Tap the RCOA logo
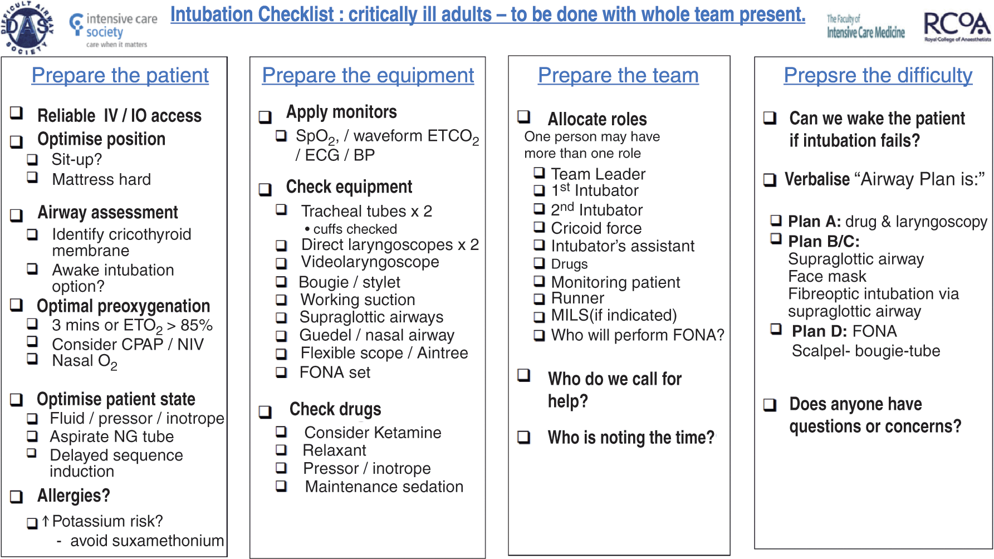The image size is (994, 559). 957,27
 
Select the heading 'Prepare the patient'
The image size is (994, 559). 120,75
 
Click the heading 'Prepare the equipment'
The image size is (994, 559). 368,75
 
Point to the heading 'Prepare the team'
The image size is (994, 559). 618,75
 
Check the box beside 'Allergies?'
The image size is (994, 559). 17,497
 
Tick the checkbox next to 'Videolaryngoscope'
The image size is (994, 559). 282,263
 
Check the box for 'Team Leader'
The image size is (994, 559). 539,173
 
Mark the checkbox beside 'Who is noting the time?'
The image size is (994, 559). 524,437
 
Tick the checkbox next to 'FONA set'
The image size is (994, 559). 282,372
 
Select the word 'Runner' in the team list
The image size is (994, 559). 577,298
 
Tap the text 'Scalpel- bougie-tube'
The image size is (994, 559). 866,351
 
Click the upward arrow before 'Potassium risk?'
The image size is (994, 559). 46,521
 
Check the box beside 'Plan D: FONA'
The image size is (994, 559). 776,329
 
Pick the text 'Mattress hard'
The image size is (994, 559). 101,179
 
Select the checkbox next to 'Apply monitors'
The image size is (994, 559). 266,117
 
